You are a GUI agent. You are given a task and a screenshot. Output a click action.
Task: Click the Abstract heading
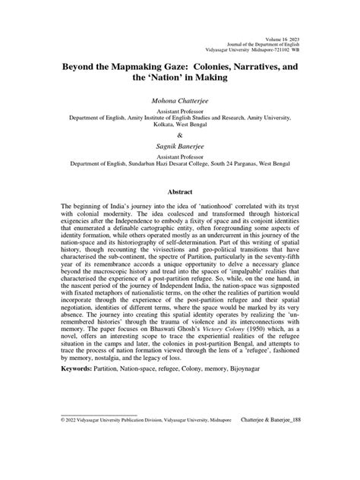pos(180,193)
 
